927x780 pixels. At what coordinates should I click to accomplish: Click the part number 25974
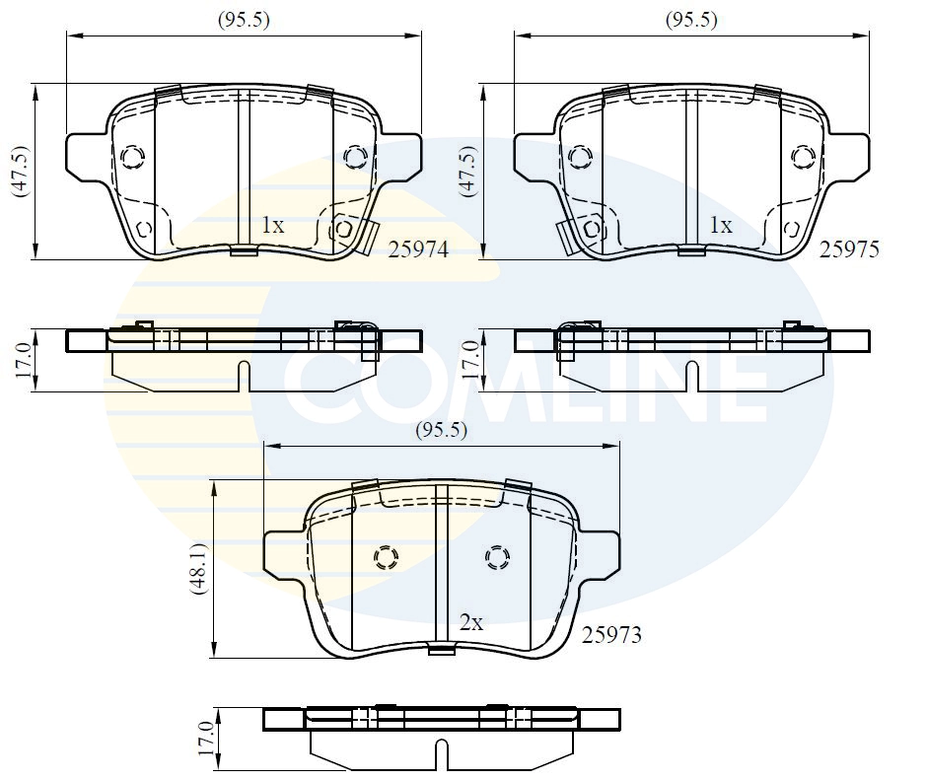[418, 250]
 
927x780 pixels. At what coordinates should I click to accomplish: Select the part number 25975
[849, 250]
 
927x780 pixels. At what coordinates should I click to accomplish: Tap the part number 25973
[611, 635]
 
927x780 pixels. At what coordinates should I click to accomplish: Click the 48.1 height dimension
[200, 569]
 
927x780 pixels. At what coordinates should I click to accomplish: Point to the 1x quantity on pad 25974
[272, 226]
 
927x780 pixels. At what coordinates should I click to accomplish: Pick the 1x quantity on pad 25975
[721, 226]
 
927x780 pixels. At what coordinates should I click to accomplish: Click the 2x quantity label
[471, 622]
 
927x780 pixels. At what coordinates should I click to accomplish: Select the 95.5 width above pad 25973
[441, 430]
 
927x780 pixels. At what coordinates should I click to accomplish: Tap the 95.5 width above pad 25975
[691, 20]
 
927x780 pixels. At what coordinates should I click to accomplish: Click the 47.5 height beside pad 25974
[21, 172]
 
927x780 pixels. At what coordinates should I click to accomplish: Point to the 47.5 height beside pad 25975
[468, 172]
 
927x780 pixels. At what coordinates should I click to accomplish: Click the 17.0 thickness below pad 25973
[205, 738]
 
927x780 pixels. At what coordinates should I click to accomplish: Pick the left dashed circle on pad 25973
[386, 559]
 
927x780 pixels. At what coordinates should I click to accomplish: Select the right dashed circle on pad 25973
[497, 559]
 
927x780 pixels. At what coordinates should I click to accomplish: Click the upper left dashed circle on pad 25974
[132, 157]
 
